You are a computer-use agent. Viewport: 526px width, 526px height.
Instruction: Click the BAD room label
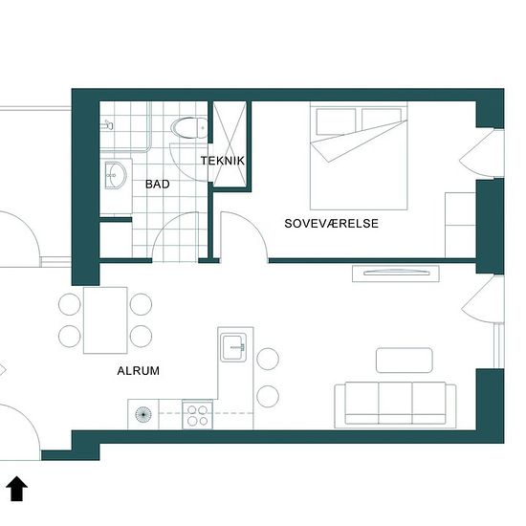click(158, 185)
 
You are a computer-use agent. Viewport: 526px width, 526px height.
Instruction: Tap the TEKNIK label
click(223, 161)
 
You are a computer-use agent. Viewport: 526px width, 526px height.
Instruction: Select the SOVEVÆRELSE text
click(332, 224)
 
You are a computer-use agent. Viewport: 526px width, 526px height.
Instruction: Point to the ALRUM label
click(139, 371)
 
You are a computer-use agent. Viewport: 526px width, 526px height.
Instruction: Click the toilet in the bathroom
click(188, 128)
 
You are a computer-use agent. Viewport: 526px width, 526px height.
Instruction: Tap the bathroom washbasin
click(116, 175)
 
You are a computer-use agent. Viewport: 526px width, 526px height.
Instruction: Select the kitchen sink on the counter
click(233, 347)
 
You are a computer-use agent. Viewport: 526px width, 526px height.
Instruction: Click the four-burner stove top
click(197, 414)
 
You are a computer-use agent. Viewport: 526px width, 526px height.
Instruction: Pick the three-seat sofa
click(395, 405)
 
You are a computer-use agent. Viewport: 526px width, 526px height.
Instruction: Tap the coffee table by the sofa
click(405, 361)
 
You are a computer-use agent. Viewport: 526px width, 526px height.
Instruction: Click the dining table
click(105, 320)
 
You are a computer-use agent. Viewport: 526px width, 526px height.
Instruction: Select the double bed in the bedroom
click(359, 156)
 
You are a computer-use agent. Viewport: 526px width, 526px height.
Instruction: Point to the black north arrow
click(17, 488)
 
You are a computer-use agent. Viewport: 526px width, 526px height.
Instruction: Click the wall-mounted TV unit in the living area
click(396, 274)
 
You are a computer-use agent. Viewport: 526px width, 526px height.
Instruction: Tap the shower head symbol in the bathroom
click(107, 125)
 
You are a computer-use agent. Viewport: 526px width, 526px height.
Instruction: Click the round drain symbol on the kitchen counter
click(143, 414)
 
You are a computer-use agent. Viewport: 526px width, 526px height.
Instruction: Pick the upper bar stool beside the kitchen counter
click(268, 359)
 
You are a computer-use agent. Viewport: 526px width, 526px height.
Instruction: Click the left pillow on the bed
click(336, 121)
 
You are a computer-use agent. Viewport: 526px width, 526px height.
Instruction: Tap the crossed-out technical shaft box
click(230, 143)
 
